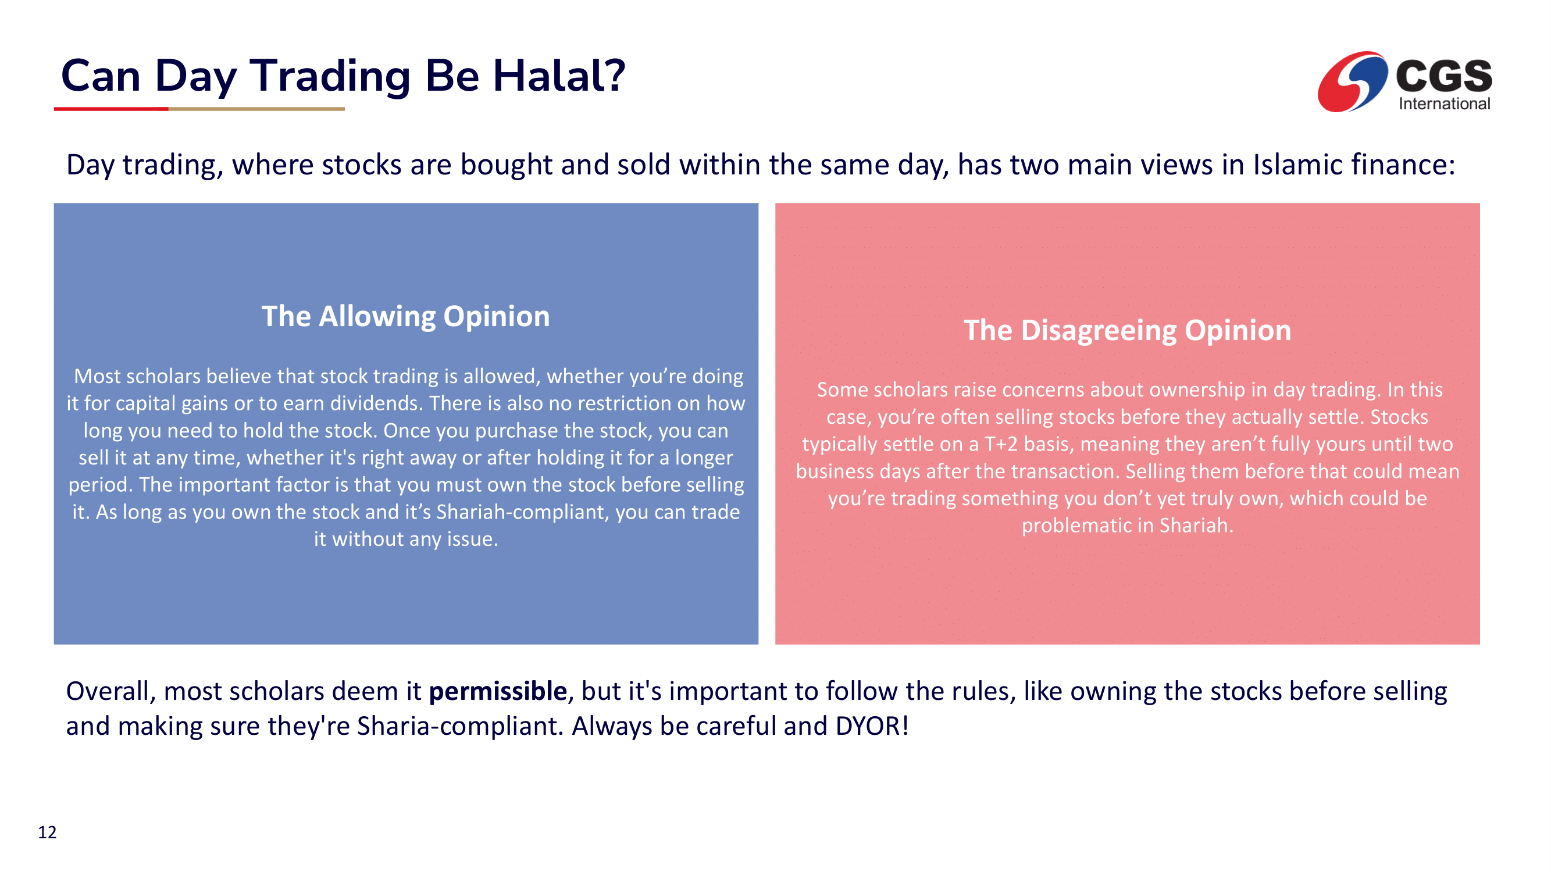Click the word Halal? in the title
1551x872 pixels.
coord(559,76)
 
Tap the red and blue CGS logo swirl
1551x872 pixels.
coord(1352,82)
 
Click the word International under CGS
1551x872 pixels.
coord(1444,103)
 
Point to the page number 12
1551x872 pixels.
coord(47,832)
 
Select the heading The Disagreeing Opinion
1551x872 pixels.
coord(1127,330)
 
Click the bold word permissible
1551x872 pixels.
coord(497,691)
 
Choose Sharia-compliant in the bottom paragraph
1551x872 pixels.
coord(460,726)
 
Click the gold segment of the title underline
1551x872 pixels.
coord(256,109)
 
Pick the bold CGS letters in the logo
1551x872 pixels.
coord(1444,76)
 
